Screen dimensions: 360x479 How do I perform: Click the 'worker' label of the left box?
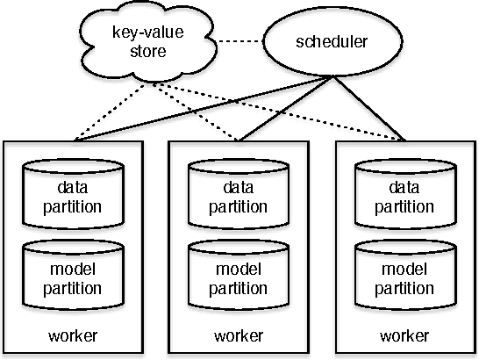(x=74, y=336)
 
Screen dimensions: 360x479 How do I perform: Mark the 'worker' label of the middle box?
(x=239, y=336)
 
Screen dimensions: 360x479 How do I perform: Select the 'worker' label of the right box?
(x=405, y=336)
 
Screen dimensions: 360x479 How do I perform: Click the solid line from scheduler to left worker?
(x=202, y=108)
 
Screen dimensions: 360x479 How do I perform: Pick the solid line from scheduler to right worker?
(x=368, y=108)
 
